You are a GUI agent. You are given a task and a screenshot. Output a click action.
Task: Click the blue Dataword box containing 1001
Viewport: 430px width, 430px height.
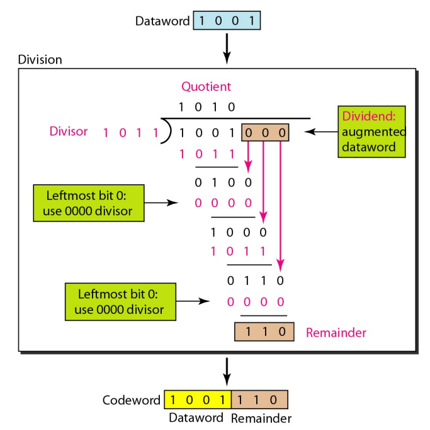pyautogui.click(x=226, y=21)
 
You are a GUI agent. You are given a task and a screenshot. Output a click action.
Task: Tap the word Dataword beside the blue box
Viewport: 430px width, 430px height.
pyautogui.click(x=162, y=21)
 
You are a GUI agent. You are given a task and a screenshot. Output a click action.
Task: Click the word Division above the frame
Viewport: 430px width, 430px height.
pyautogui.click(x=40, y=60)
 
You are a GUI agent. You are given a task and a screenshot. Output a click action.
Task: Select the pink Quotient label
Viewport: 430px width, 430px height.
pyautogui.click(x=206, y=86)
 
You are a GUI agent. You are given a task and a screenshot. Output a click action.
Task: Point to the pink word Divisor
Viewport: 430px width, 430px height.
pyautogui.click(x=69, y=131)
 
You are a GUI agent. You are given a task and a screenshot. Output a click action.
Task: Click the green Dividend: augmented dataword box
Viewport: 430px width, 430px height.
pyautogui.click(x=371, y=131)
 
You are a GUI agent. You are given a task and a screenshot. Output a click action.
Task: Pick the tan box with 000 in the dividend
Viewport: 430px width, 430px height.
pyautogui.click(x=265, y=132)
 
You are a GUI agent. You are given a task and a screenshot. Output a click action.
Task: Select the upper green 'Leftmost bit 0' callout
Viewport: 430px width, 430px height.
pyautogui.click(x=88, y=202)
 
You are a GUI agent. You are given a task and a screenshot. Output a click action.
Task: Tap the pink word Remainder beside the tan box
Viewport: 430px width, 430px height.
pyautogui.click(x=336, y=332)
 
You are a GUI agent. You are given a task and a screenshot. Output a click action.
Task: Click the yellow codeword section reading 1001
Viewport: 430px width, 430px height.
pyautogui.click(x=198, y=400)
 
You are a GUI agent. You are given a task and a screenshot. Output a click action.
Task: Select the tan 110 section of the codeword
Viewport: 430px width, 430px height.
pyautogui.click(x=259, y=400)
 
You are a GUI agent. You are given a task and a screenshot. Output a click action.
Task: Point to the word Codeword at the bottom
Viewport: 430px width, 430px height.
pyautogui.click(x=132, y=400)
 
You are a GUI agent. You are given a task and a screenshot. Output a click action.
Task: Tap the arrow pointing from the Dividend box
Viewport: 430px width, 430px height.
pyautogui.click(x=320, y=132)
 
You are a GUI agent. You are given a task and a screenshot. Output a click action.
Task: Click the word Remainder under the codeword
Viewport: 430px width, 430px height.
pyautogui.click(x=261, y=418)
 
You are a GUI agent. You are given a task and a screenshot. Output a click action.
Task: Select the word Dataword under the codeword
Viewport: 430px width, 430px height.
pyautogui.click(x=196, y=418)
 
